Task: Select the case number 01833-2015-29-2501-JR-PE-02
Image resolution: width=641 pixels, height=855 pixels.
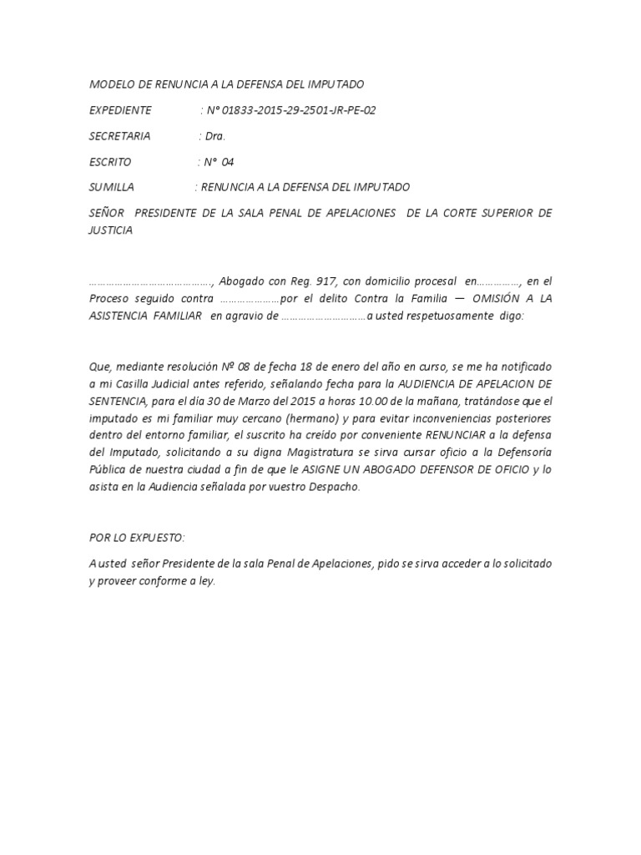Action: click(304, 110)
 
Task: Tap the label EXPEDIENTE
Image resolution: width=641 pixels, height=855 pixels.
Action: click(120, 110)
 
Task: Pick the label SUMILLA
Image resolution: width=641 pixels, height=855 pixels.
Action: click(111, 188)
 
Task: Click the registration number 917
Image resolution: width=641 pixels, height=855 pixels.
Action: click(326, 281)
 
